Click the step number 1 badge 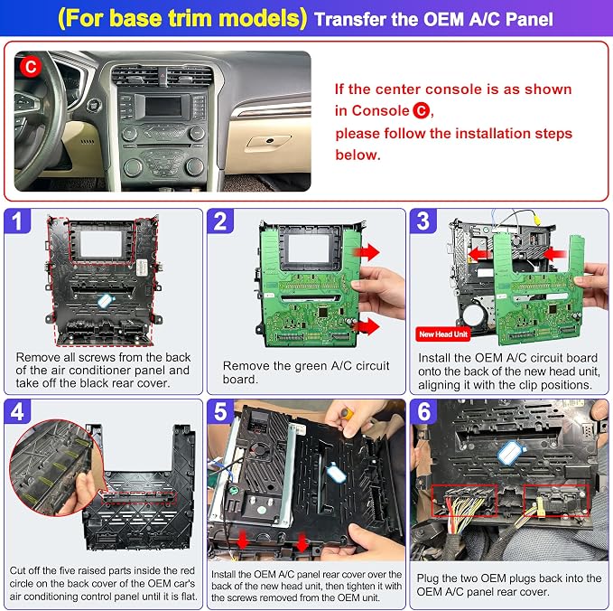click(17, 221)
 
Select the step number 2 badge click(220, 221)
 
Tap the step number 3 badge click(423, 221)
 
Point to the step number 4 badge click(17, 412)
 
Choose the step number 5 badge click(220, 412)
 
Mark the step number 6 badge click(423, 412)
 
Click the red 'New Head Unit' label click(443, 334)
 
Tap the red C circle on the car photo click(31, 67)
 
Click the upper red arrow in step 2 click(367, 252)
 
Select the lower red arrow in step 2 click(367, 326)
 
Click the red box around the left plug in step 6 click(464, 501)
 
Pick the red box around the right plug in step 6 click(556, 501)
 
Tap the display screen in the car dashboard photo click(163, 106)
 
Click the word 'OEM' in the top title click(443, 20)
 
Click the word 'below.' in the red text click(358, 155)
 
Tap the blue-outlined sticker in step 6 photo click(510, 454)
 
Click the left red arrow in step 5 click(243, 540)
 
